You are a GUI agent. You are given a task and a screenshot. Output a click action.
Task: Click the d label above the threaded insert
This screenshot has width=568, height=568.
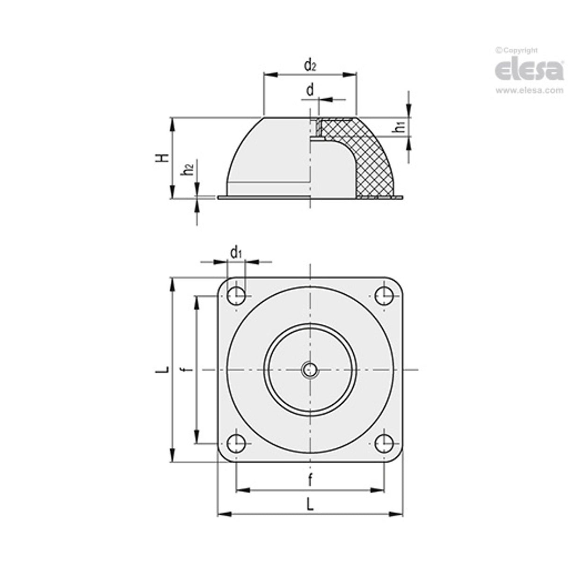310,90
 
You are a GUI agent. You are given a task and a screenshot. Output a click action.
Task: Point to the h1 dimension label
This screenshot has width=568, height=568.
399,127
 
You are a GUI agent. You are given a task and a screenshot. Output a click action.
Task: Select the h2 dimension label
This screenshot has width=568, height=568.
188,169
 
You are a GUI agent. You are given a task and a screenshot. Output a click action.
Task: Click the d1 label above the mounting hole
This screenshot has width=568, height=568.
236,253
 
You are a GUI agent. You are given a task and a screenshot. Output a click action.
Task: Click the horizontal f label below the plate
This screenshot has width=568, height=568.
310,479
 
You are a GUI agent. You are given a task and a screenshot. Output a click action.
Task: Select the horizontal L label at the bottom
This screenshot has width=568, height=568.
310,504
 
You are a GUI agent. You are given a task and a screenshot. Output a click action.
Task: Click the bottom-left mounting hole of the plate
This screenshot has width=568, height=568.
236,443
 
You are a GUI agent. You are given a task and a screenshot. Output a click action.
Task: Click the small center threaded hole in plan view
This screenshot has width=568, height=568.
309,370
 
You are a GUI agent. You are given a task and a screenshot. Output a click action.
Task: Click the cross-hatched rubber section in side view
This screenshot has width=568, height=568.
370,159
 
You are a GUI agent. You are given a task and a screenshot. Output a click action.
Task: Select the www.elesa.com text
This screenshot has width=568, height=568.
529,91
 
